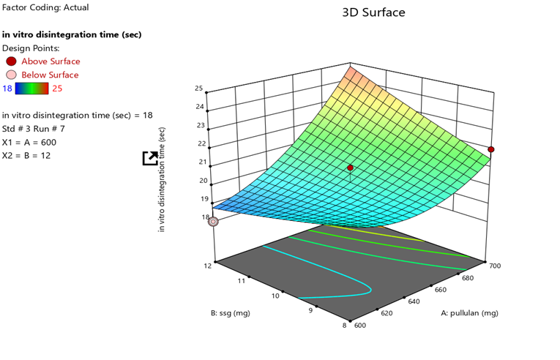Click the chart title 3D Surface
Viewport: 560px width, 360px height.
[373, 12]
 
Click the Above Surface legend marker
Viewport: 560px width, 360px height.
[11, 61]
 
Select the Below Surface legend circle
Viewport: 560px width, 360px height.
[11, 75]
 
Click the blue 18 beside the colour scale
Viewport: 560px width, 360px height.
[7, 89]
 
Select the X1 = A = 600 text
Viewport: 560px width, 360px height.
[29, 142]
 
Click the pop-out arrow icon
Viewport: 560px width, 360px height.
[149, 158]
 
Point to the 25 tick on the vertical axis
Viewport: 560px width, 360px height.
[198, 89]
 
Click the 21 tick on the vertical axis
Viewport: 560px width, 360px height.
[198, 162]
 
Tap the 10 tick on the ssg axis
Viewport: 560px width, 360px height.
[276, 296]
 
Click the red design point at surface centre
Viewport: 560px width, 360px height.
[350, 168]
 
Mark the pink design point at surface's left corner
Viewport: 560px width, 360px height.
[213, 221]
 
